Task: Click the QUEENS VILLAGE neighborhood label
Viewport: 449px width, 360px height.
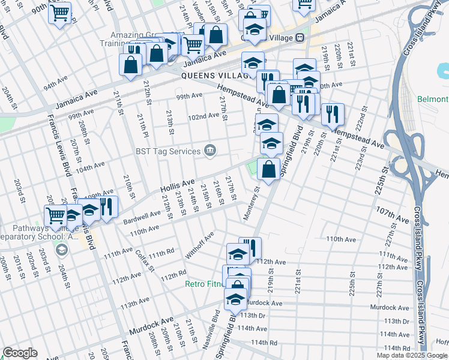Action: point(215,76)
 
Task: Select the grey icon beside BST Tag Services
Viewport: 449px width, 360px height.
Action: point(210,150)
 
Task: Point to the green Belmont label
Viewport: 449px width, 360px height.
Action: point(433,99)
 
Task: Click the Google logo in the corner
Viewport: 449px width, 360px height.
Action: point(20,353)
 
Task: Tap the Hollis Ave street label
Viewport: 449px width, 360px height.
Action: point(177,184)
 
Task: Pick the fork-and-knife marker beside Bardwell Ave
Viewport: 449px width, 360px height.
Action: point(106,208)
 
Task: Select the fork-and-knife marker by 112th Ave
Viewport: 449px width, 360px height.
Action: point(250,247)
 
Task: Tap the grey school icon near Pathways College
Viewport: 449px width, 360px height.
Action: point(60,248)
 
